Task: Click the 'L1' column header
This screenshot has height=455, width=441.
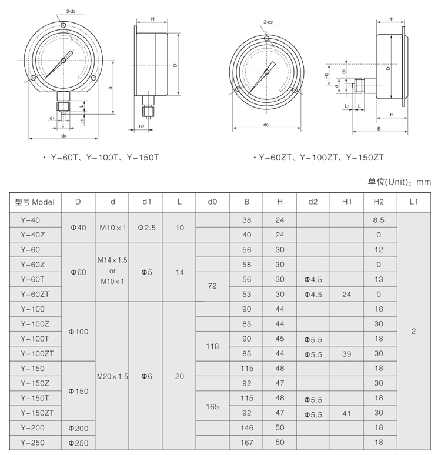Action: click(413, 202)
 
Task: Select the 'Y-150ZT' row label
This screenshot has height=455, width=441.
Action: click(37, 413)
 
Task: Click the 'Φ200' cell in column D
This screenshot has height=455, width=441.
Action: click(78, 428)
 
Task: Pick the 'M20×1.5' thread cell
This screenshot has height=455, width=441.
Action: click(112, 376)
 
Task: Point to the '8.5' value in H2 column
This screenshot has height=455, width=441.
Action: click(378, 220)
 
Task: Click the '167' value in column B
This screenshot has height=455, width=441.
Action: click(246, 443)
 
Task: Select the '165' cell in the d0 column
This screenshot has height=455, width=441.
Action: click(212, 406)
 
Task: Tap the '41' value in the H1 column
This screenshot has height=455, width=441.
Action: click(346, 413)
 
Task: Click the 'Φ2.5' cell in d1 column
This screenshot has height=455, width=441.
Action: click(146, 227)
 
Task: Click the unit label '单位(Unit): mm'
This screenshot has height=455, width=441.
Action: click(399, 182)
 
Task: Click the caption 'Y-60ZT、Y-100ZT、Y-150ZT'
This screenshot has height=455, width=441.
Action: click(321, 158)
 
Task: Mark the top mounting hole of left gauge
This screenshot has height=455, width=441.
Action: click(63, 25)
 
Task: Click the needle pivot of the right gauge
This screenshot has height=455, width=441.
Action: click(266, 72)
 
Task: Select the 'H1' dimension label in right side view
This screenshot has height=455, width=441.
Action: click(392, 19)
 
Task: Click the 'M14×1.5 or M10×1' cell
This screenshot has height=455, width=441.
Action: click(112, 272)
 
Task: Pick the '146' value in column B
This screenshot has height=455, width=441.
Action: click(246, 428)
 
